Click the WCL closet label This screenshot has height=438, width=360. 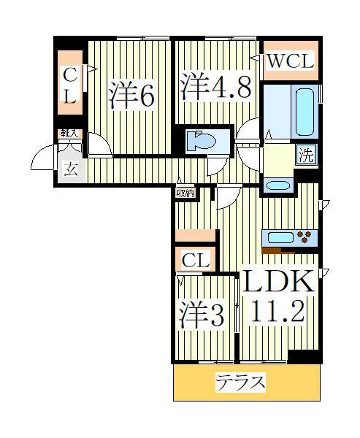(289, 63)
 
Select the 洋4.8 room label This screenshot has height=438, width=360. (216, 85)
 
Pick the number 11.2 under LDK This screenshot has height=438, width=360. (279, 313)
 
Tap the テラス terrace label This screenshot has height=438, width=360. (240, 382)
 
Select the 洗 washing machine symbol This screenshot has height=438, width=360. (306, 155)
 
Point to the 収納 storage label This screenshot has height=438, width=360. (185, 193)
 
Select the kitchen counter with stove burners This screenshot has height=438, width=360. (290, 237)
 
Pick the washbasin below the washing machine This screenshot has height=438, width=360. (277, 185)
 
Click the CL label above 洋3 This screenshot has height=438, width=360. (196, 260)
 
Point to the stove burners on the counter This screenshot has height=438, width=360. (305, 237)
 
